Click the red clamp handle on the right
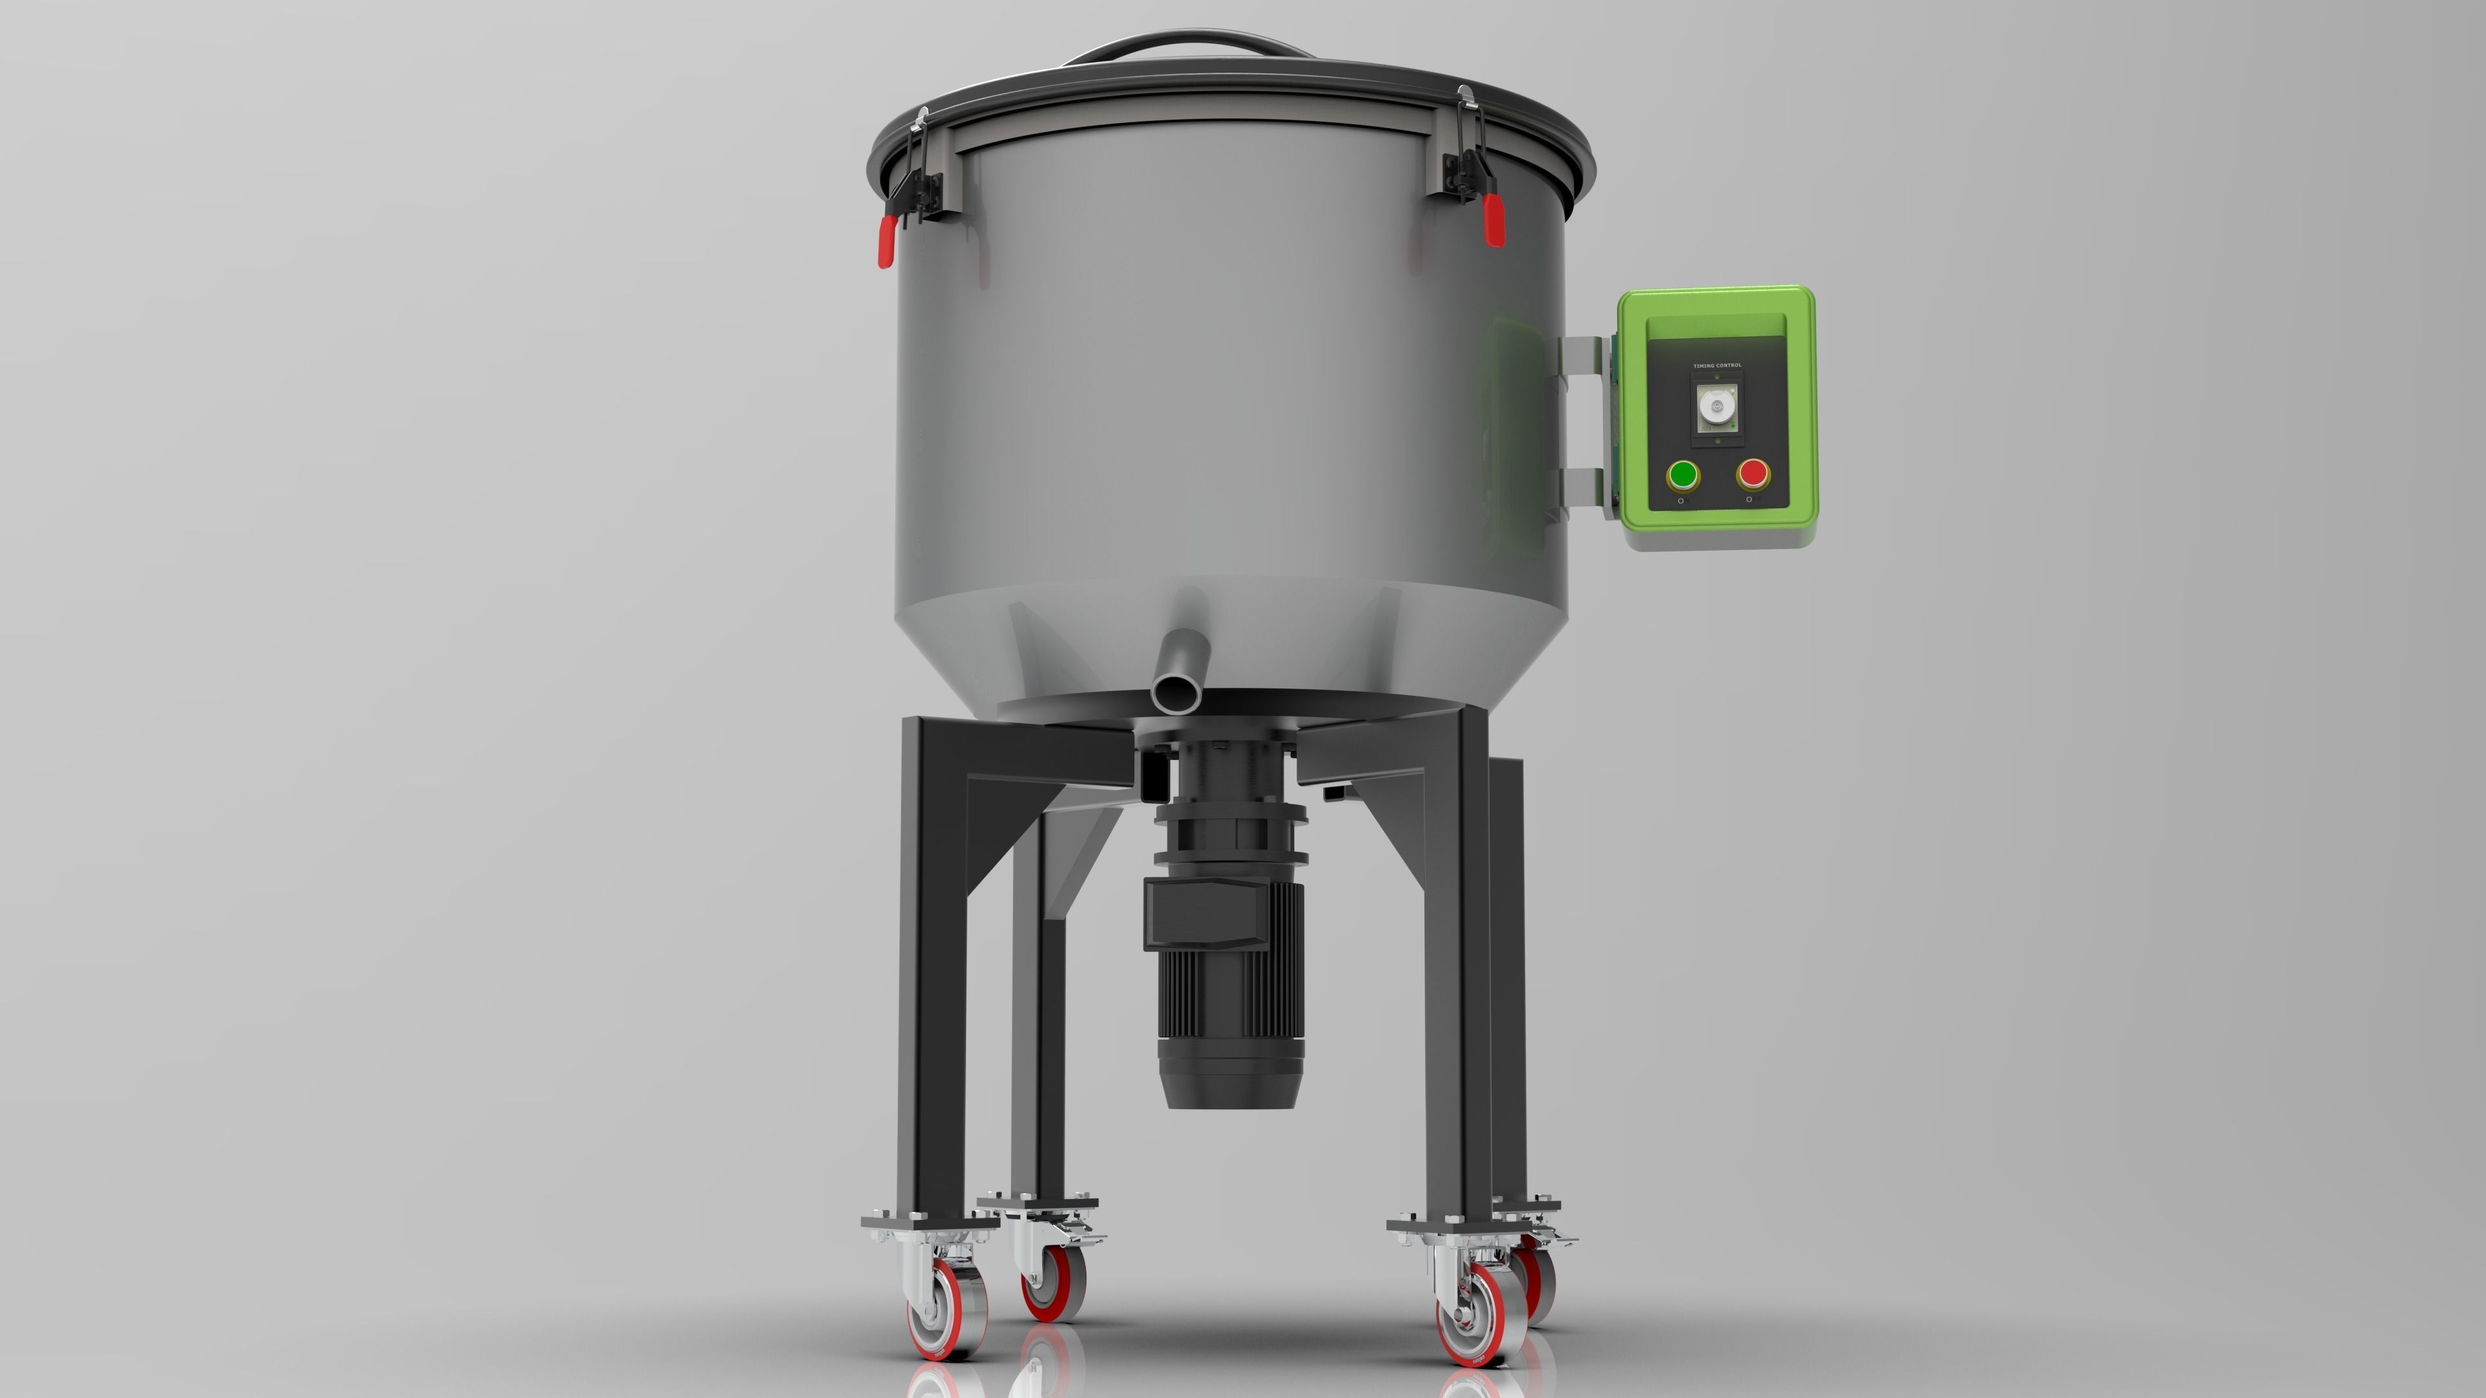point(1493,220)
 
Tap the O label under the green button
point(1681,501)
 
